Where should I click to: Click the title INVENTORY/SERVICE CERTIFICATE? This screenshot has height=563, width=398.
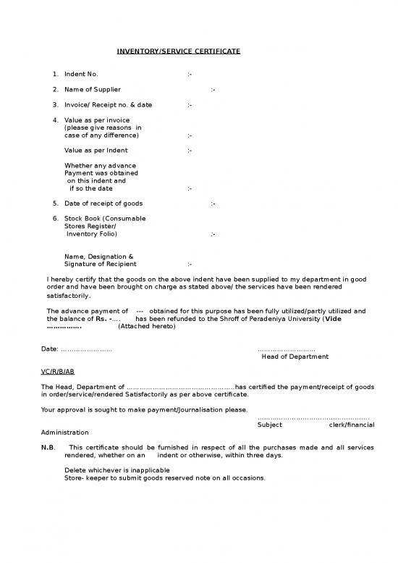pyautogui.click(x=178, y=51)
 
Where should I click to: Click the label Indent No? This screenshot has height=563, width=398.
pyautogui.click(x=81, y=74)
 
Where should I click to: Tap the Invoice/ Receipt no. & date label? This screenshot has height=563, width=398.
pyautogui.click(x=108, y=104)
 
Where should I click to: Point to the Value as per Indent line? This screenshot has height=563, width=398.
pyautogui.click(x=96, y=150)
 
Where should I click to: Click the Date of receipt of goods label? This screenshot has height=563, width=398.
pyautogui.click(x=103, y=204)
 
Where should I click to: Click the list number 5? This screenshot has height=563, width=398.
pyautogui.click(x=55, y=204)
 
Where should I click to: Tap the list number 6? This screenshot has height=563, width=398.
pyautogui.click(x=55, y=218)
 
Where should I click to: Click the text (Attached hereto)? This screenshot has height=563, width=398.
pyautogui.click(x=146, y=326)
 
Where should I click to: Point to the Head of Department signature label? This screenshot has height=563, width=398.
pyautogui.click(x=295, y=356)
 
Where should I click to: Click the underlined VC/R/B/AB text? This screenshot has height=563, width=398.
pyautogui.click(x=58, y=371)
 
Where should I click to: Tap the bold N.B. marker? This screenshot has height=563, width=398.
pyautogui.click(x=48, y=448)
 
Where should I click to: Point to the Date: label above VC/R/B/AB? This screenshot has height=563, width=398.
pyautogui.click(x=50, y=349)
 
